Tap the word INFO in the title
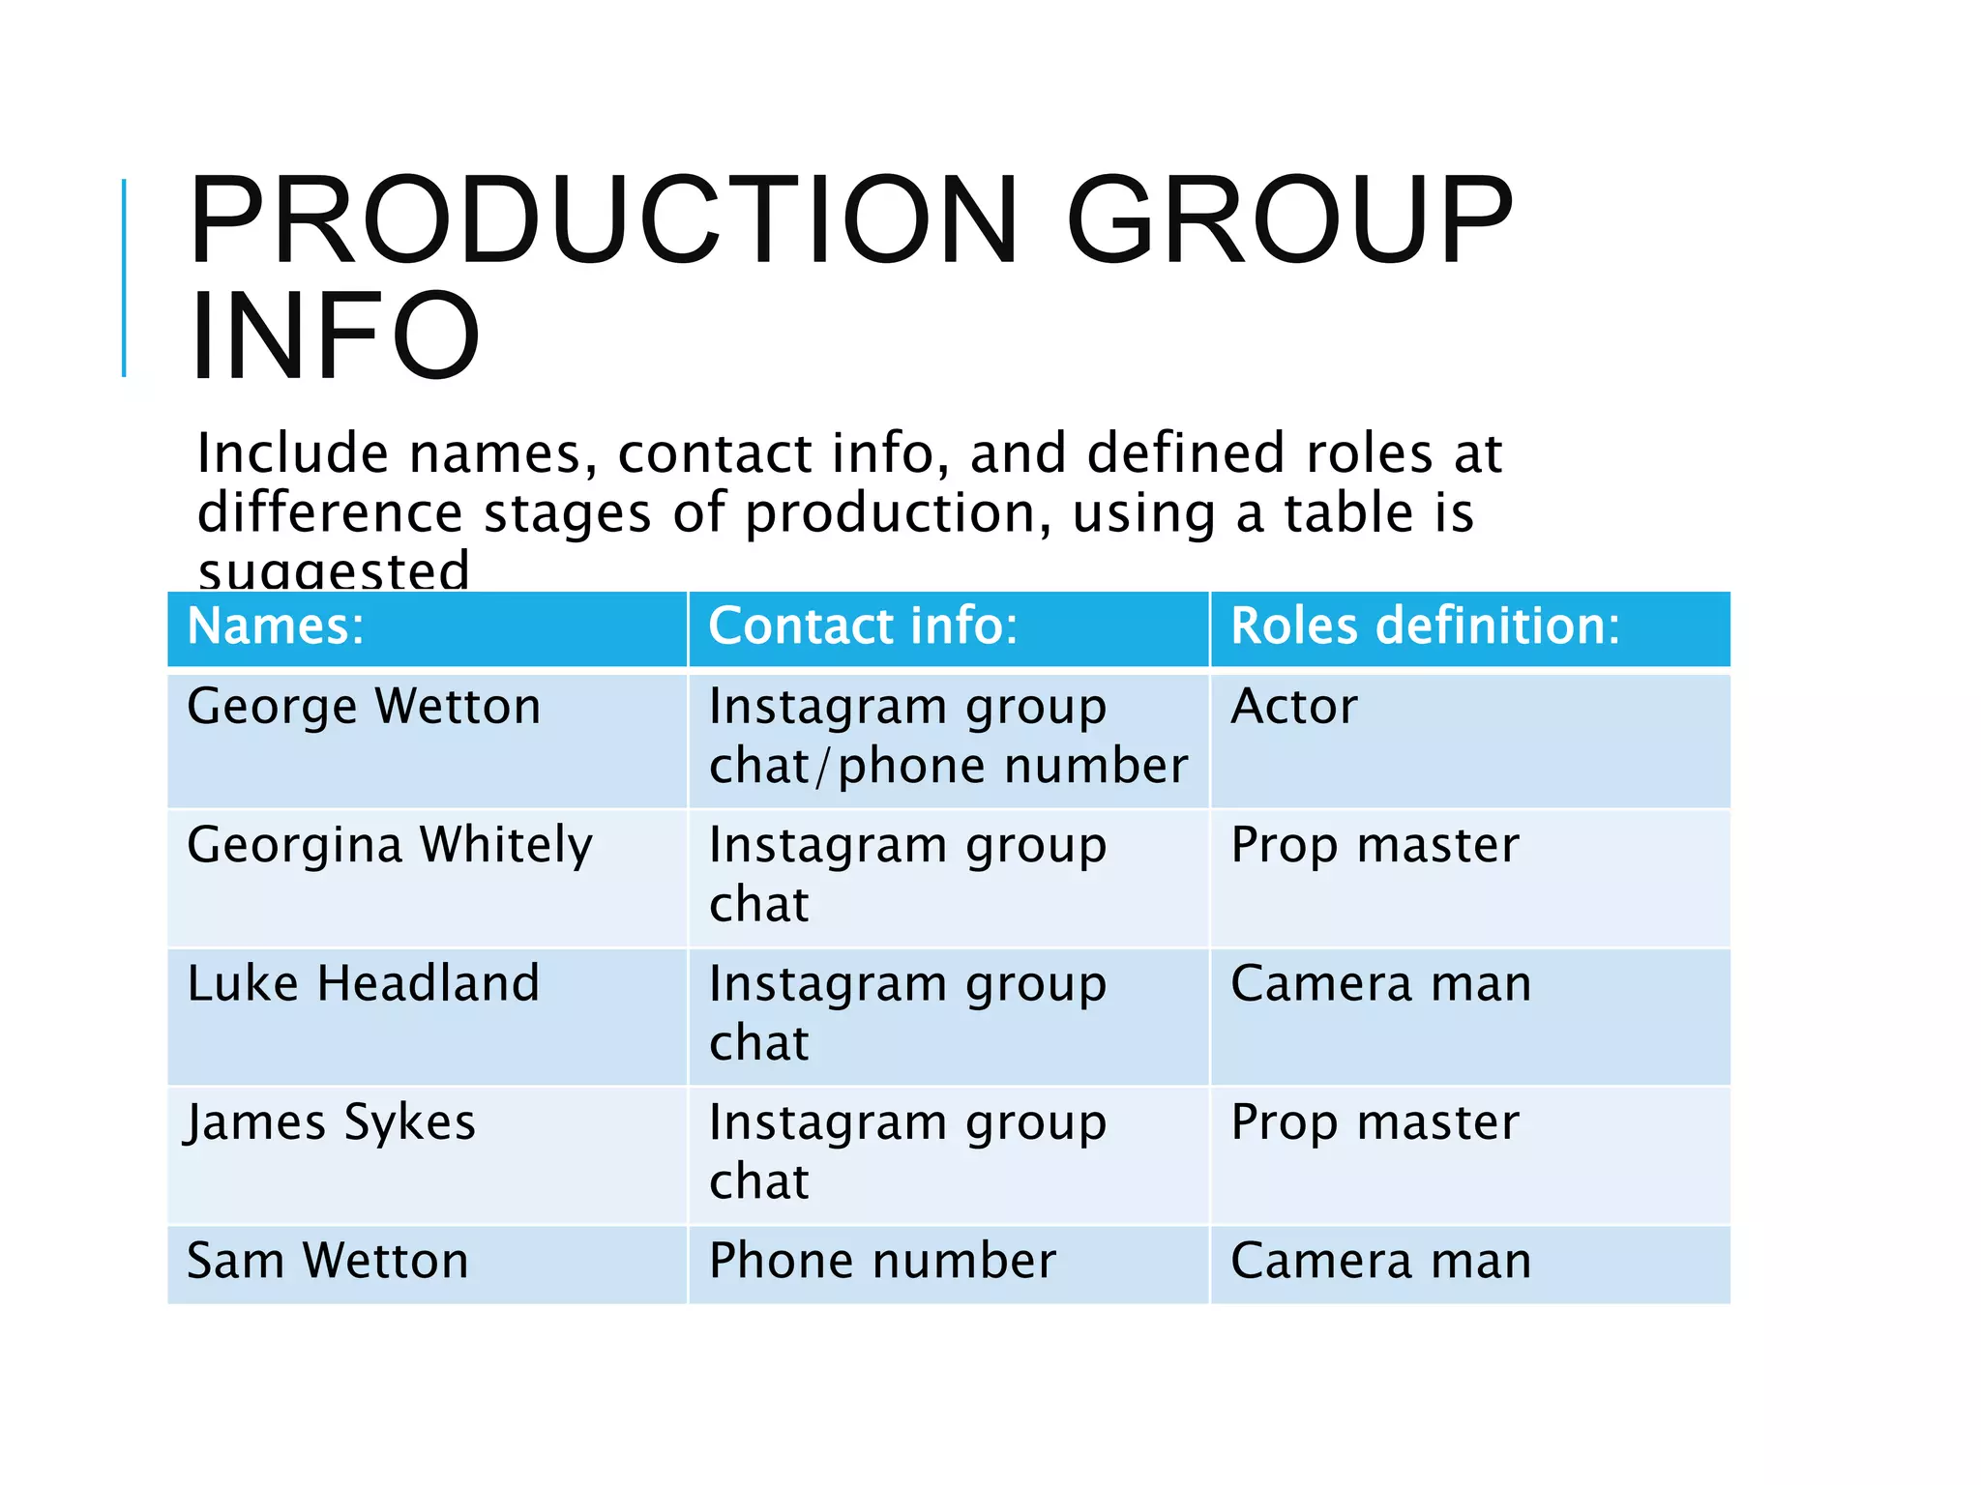pyautogui.click(x=335, y=336)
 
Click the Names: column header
pyautogui.click(x=276, y=626)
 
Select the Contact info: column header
pyautogui.click(x=863, y=626)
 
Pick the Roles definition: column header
pyautogui.click(x=1424, y=626)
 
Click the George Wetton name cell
pyautogui.click(x=364, y=707)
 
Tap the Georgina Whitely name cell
pyautogui.click(x=389, y=846)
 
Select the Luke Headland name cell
pyautogui.click(x=363, y=984)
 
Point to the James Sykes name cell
pyautogui.click(x=331, y=1123)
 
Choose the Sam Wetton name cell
pyautogui.click(x=328, y=1262)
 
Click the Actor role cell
pyautogui.click(x=1293, y=707)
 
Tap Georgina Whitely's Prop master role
pyautogui.click(x=1375, y=846)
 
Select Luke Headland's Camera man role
pyautogui.click(x=1380, y=984)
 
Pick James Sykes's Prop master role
pyautogui.click(x=1375, y=1123)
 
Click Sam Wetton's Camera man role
pyautogui.click(x=1380, y=1262)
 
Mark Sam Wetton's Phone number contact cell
pyautogui.click(x=882, y=1262)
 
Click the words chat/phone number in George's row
pyautogui.click(x=948, y=767)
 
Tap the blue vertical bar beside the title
pyautogui.click(x=124, y=278)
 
